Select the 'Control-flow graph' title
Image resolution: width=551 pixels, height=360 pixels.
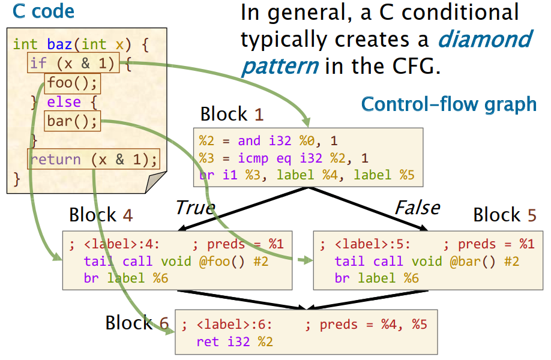(x=448, y=104)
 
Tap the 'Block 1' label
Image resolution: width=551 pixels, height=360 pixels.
(x=232, y=114)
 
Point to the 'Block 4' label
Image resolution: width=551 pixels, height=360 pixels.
(x=101, y=214)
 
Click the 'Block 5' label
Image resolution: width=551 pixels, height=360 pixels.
(x=504, y=214)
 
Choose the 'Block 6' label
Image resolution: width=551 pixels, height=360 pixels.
(x=137, y=323)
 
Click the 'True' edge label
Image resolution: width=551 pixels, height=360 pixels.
(x=194, y=208)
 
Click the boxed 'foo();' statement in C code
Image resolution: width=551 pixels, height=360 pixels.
(x=72, y=82)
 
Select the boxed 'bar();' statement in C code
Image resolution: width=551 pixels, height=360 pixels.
(x=72, y=121)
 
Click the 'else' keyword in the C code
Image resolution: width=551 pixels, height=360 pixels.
(x=64, y=101)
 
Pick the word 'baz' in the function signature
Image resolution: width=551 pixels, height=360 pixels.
(x=61, y=44)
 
